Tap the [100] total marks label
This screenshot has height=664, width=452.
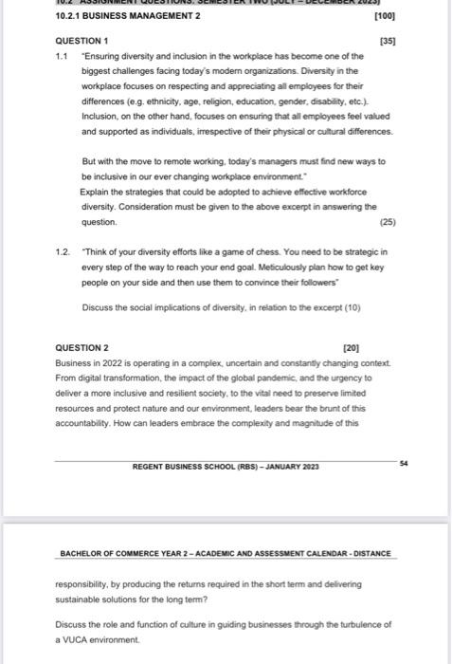coord(385,17)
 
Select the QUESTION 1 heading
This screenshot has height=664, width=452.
coord(82,41)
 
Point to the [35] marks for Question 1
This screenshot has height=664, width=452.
coord(387,41)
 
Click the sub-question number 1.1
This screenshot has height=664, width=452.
coord(62,56)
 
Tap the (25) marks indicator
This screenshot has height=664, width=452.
coord(387,222)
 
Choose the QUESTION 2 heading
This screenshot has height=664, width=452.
coord(82,348)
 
